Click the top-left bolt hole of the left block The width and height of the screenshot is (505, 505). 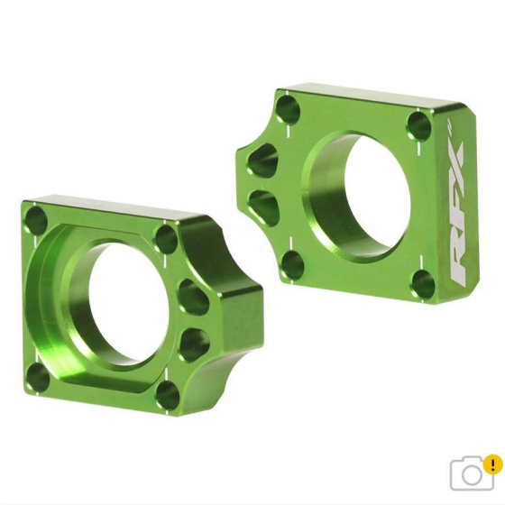36,219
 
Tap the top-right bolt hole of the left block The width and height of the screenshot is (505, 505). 165,239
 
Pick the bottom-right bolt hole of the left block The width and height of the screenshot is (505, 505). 166,394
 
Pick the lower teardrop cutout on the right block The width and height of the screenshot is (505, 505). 259,202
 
